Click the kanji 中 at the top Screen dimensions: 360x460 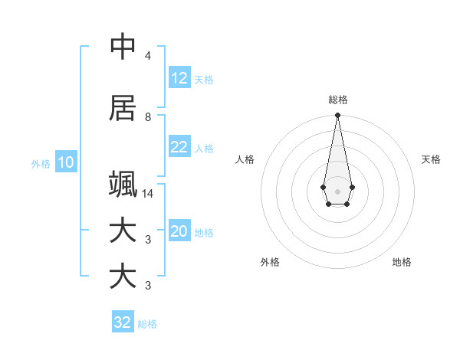coord(123,47)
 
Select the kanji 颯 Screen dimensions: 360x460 coord(123,185)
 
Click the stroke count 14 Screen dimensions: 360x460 coord(149,193)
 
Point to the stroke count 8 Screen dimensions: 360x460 coord(148,116)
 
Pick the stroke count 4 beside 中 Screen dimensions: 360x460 coord(148,56)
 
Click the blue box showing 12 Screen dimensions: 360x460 coord(179,79)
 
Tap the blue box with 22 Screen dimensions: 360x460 coord(179,148)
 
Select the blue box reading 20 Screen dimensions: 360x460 coord(179,232)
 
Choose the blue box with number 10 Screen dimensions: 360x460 coord(65,162)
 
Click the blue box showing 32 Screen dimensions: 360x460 coord(123,322)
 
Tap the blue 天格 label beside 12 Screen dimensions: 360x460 coord(204,80)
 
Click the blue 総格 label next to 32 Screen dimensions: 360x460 coord(148,323)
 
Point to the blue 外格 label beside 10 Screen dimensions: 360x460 coord(41,163)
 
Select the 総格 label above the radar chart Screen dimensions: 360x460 coord(337,100)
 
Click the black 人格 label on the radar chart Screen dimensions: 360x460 coord(245,159)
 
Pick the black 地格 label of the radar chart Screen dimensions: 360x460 coord(402,262)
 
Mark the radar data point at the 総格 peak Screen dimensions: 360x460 coord(337,115)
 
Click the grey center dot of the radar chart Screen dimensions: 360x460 coord(337,190)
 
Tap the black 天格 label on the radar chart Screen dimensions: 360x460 coord(431,159)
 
